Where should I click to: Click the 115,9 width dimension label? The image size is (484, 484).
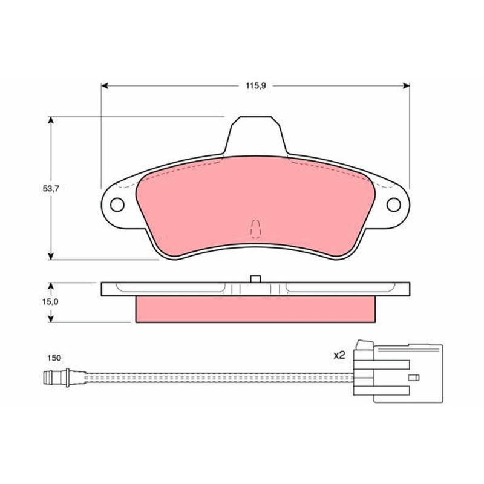point(255,86)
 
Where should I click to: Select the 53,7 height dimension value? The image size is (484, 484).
point(51,189)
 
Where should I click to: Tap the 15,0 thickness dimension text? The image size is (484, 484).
point(50,301)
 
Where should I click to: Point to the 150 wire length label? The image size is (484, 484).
point(54,358)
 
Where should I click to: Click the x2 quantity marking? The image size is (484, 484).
point(339,355)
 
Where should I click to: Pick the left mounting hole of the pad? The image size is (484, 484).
point(117,204)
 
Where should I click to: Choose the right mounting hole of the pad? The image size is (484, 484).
point(394,204)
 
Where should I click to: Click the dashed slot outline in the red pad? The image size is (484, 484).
point(256,229)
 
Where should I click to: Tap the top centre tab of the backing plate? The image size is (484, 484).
point(256,135)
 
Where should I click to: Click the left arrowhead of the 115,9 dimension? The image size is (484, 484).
point(105,85)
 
